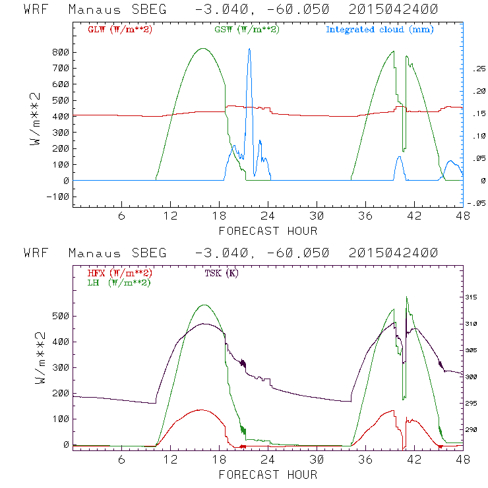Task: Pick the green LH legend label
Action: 119,282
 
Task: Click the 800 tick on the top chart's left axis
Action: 61,52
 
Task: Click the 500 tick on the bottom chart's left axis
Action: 61,316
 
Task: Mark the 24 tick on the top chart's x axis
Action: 267,216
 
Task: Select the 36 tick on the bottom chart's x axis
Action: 365,460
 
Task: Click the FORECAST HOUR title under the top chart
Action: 268,231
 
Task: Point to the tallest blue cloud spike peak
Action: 249,49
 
